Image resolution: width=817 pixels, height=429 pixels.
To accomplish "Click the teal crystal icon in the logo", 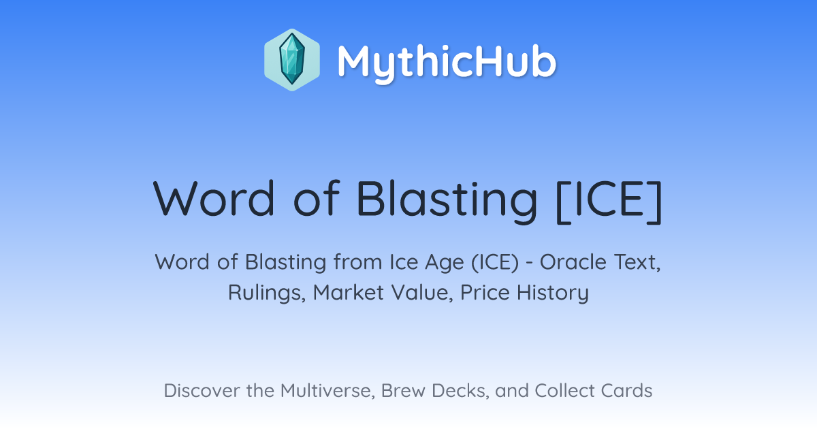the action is coord(292,59).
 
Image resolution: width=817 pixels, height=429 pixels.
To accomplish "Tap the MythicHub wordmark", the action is coord(447,63).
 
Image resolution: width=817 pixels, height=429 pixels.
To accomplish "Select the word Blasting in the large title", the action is coord(447,202).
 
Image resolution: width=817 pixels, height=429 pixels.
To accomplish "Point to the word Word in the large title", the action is coord(214,199).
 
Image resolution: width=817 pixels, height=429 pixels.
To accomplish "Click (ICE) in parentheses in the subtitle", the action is coord(495,262).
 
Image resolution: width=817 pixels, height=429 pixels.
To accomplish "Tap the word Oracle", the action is coord(573,262).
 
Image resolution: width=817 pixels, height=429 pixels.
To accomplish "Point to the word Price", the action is coord(485,293).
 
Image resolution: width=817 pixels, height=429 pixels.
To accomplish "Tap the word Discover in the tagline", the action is coord(202,391).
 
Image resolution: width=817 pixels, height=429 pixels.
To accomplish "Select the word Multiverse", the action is coord(327,391).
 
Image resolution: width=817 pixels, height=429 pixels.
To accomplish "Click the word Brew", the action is coord(403,391).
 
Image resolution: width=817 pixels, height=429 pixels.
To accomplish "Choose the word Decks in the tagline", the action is coord(460,391).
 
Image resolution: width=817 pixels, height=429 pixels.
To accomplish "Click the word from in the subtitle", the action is coord(357,262).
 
